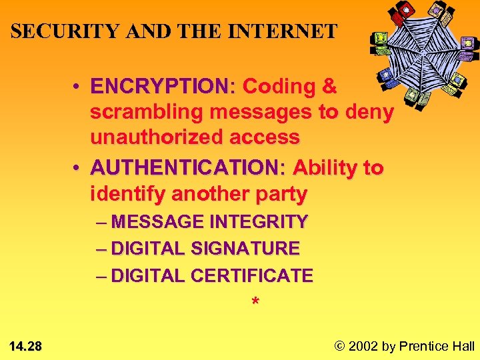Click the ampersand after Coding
pos(329,87)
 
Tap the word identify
pos(128,195)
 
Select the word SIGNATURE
pos(245,249)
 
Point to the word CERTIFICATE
pos(251,275)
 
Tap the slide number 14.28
pos(26,345)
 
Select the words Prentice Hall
pos(437,345)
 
